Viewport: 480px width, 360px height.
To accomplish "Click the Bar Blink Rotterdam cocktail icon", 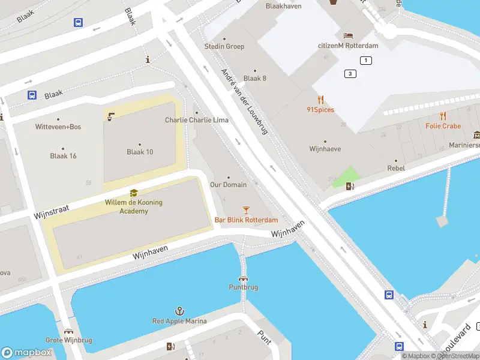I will [245, 209].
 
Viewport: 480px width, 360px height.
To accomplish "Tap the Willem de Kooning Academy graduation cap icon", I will [133, 193].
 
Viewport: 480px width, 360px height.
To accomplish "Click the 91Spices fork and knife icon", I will [320, 100].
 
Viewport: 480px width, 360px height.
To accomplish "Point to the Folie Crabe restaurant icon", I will [443, 116].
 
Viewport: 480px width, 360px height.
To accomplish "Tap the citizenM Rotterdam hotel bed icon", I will [348, 35].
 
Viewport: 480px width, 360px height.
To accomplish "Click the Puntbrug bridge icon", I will [243, 278].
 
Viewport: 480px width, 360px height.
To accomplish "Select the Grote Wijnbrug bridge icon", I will [69, 331].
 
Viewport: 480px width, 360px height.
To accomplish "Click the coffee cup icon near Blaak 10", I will [110, 116].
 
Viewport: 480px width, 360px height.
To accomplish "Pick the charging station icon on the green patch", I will [350, 185].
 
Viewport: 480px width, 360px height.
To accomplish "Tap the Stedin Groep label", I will [224, 46].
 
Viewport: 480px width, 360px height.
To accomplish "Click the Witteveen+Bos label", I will [58, 127].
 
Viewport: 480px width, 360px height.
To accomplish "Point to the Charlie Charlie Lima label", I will [196, 120].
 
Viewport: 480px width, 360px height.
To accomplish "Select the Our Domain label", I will [228, 184].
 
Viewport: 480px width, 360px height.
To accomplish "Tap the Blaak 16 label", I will [63, 156].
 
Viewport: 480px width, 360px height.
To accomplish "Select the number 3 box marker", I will [350, 74].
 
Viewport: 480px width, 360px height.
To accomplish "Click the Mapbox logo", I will [25, 353].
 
